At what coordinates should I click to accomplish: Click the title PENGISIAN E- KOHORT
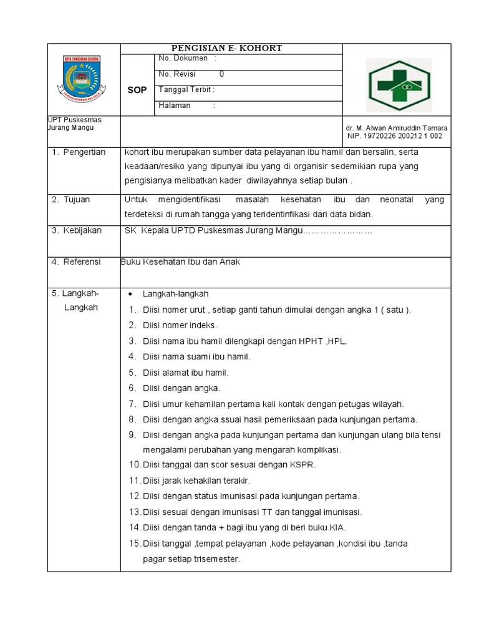click(231, 48)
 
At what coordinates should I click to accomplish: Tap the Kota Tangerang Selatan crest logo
click(84, 80)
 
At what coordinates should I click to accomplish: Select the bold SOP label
click(137, 90)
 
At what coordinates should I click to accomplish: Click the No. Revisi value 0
click(221, 74)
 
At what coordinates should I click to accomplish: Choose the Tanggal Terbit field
click(186, 89)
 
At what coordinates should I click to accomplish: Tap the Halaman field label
click(175, 105)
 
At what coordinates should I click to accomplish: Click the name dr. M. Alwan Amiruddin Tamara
click(397, 127)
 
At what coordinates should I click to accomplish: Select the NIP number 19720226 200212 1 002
click(395, 135)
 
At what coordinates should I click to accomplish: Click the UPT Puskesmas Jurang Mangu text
click(74, 124)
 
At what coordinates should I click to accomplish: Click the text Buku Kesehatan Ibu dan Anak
click(181, 262)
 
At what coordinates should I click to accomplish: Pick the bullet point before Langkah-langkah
click(130, 294)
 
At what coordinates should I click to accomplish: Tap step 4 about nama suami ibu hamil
click(196, 356)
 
